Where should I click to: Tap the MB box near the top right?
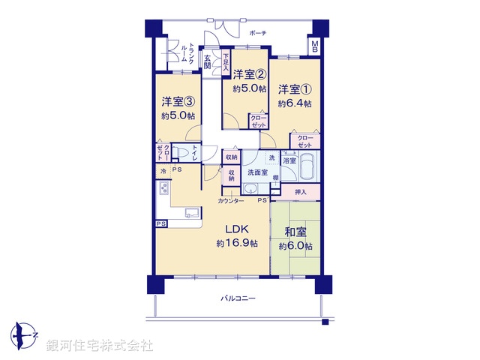click(x=315, y=46)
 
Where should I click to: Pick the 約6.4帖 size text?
click(x=293, y=103)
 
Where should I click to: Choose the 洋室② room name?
click(x=249, y=73)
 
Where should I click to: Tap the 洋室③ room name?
click(x=178, y=101)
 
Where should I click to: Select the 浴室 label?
click(x=289, y=160)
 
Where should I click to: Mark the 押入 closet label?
click(x=300, y=193)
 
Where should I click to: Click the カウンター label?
click(x=231, y=202)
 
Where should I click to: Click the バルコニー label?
click(x=238, y=298)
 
